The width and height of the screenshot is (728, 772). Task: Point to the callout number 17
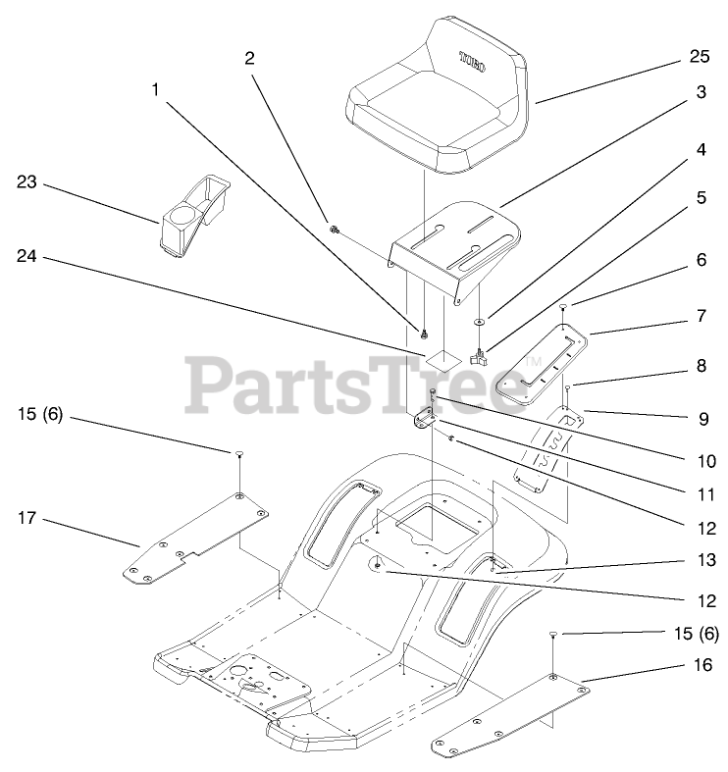26,517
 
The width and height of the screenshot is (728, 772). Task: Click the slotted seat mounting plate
456,250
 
